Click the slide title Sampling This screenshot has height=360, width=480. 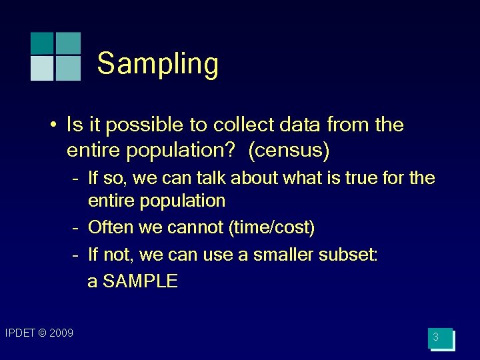pos(157,64)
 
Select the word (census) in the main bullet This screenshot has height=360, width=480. pos(289,151)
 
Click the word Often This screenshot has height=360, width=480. pos(111,227)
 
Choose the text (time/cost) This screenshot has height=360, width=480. pos(271,227)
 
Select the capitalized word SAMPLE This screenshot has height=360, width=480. pos(140,281)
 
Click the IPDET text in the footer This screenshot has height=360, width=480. pos(19,333)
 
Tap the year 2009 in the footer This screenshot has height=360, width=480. pos(61,333)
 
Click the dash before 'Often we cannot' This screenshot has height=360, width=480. pos(77,227)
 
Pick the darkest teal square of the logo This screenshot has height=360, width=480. pos(43,43)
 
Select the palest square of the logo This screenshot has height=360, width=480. pos(43,68)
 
